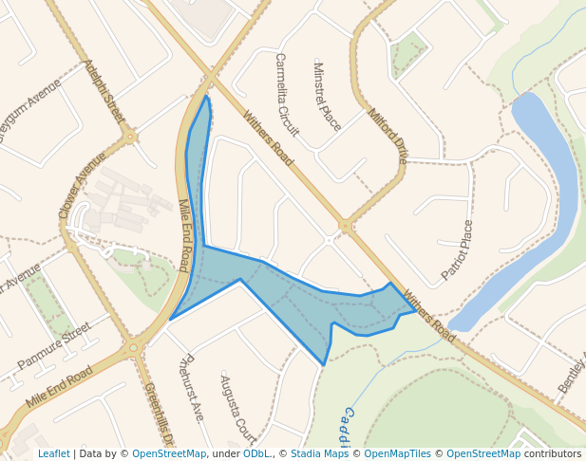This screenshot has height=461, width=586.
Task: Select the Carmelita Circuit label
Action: coord(287,94)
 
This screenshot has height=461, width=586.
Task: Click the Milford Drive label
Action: coord(387,136)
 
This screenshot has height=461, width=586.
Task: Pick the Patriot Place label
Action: coord(457,250)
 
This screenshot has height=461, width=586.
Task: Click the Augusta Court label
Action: coord(237,408)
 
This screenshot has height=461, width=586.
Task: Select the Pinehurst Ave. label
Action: coord(194,387)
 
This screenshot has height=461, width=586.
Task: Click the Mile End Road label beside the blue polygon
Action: coord(184,235)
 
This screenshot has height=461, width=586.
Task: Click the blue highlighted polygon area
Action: coord(285,289)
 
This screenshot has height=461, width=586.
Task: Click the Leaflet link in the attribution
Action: coord(53,454)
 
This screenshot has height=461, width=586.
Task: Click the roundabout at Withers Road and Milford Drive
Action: coord(346,226)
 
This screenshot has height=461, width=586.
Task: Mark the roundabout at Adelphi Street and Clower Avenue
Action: coord(130,138)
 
